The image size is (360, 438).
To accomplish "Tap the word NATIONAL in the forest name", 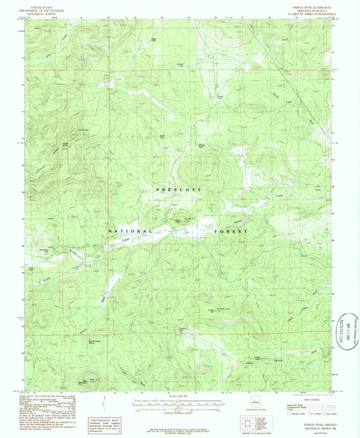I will click(x=126, y=231).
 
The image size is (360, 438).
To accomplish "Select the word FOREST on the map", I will click(x=232, y=231).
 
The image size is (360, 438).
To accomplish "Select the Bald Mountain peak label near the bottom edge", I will click(x=84, y=383).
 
